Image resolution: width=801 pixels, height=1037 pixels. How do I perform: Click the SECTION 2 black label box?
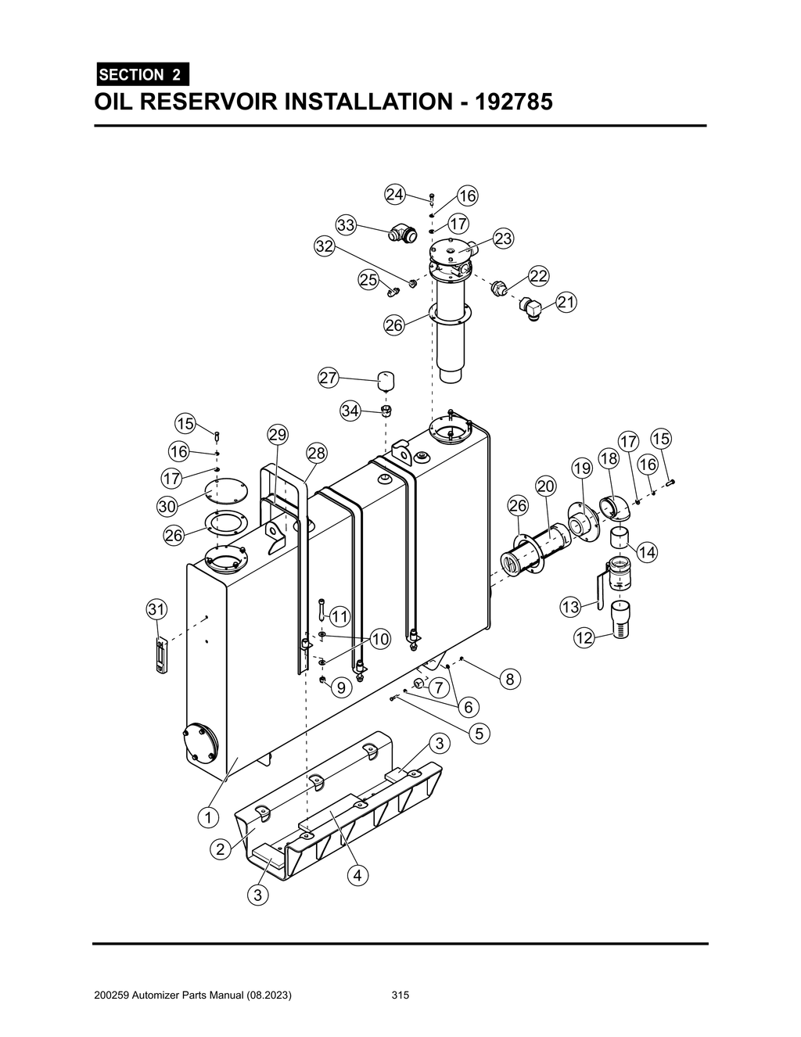tap(141, 75)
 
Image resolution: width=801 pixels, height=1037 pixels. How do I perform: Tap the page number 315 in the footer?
tap(400, 996)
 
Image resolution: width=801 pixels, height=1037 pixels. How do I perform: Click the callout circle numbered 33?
tap(346, 225)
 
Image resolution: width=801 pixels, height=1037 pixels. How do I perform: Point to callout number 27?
tap(328, 378)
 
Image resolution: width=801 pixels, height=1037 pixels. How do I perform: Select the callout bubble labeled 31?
tap(156, 608)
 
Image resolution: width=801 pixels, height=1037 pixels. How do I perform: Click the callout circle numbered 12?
tap(584, 638)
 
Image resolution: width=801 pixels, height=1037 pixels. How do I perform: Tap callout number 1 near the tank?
tap(207, 818)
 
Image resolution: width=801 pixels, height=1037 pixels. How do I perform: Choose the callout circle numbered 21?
tap(566, 303)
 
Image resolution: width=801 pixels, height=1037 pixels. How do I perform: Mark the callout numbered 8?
tap(509, 679)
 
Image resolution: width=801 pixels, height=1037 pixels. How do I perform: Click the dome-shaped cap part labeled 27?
tap(386, 382)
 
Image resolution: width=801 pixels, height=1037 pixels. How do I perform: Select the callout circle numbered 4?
tap(357, 875)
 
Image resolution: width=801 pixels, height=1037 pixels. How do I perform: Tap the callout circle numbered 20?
tap(545, 486)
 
